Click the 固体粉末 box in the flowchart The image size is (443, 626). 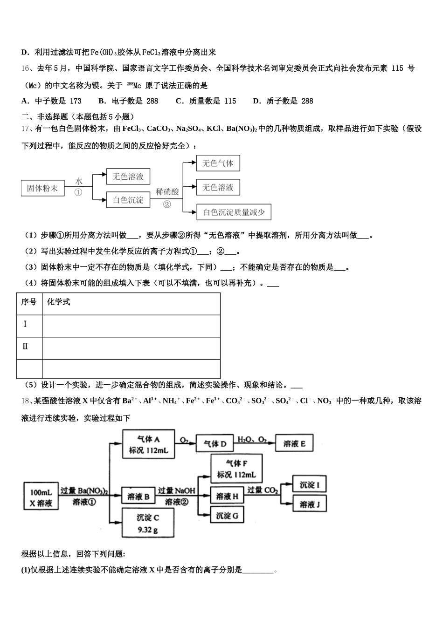(x=42, y=189)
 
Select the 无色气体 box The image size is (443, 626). (x=218, y=163)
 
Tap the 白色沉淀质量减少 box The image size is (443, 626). (x=234, y=212)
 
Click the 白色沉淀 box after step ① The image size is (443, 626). (x=128, y=200)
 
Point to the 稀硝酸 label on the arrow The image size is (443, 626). (x=167, y=191)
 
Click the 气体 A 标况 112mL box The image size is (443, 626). (x=149, y=444)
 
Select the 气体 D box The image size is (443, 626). (x=215, y=444)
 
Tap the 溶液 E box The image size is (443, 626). (x=294, y=444)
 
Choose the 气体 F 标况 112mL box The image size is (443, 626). (x=236, y=469)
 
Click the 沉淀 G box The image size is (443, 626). (x=227, y=516)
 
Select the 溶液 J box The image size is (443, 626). (x=309, y=504)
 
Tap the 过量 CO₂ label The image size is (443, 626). (x=263, y=490)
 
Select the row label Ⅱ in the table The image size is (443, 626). (x=25, y=347)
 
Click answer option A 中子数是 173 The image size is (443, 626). (x=51, y=101)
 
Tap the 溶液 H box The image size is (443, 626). (x=227, y=497)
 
